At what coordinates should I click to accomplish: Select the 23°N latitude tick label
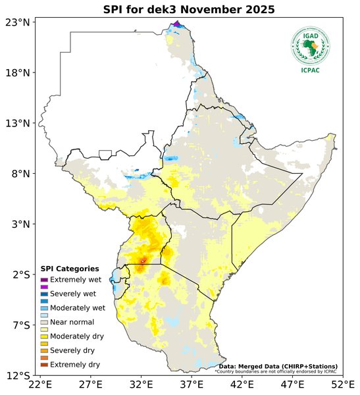pos(18,22)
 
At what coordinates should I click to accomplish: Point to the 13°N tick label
pos(18,123)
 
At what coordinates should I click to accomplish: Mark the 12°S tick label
pos(18,375)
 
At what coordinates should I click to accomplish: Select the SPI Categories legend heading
pos(70,269)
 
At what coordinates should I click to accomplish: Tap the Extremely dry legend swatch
pos(45,364)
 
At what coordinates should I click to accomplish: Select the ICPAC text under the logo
pos(311,70)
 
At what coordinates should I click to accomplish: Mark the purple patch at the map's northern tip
pos(176,24)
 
